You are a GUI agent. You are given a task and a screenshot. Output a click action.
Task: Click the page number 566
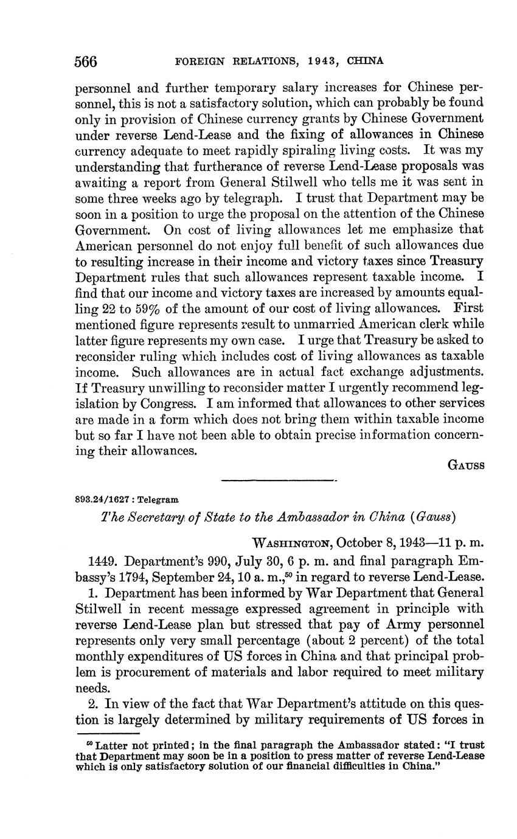[x=86, y=61]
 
